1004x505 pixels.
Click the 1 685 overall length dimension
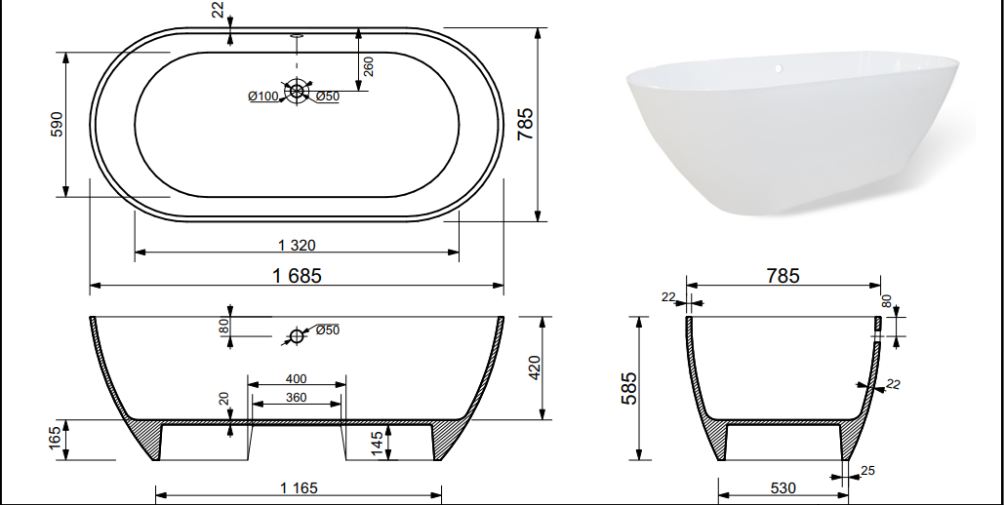(297, 275)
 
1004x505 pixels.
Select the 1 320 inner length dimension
(297, 245)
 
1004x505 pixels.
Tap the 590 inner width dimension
(57, 124)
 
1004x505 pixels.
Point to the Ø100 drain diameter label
(263, 96)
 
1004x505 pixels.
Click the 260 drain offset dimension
(368, 66)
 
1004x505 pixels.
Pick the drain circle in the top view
(297, 91)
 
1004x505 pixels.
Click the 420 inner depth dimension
(535, 368)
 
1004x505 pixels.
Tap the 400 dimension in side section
(296, 379)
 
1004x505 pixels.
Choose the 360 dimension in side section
(296, 398)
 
